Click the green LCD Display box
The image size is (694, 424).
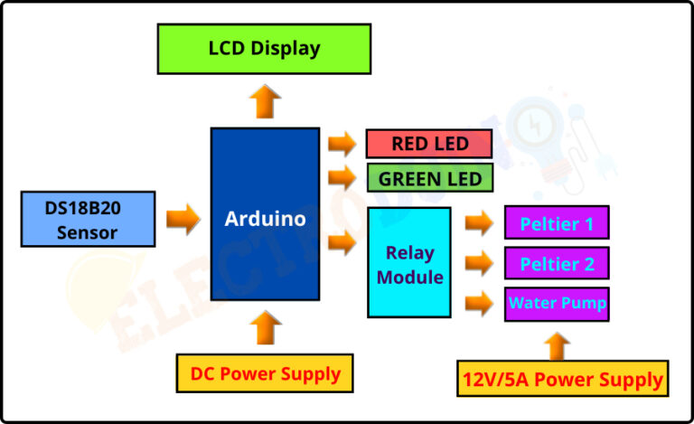[x=264, y=49]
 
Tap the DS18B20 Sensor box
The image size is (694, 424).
[x=88, y=219]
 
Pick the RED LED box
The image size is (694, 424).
[x=428, y=144]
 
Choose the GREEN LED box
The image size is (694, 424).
[x=429, y=178]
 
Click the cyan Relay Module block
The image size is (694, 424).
[x=409, y=262]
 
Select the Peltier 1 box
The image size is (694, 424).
[x=557, y=222]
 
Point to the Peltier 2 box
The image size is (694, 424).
[x=557, y=263]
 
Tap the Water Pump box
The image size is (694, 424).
[x=557, y=303]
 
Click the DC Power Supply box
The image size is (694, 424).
[x=265, y=373]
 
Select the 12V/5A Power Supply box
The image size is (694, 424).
[x=563, y=379]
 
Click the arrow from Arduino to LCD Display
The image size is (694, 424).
[x=264, y=100]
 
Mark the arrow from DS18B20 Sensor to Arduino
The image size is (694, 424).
[x=183, y=219]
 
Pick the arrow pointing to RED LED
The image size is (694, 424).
[x=342, y=143]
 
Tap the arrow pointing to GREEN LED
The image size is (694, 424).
[x=342, y=176]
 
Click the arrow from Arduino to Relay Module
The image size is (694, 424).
[x=342, y=242]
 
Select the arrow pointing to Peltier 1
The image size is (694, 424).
[x=479, y=222]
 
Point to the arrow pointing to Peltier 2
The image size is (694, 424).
[x=479, y=262]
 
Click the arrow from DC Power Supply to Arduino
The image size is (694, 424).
[x=264, y=327]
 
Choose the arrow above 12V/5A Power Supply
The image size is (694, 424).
[x=558, y=344]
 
